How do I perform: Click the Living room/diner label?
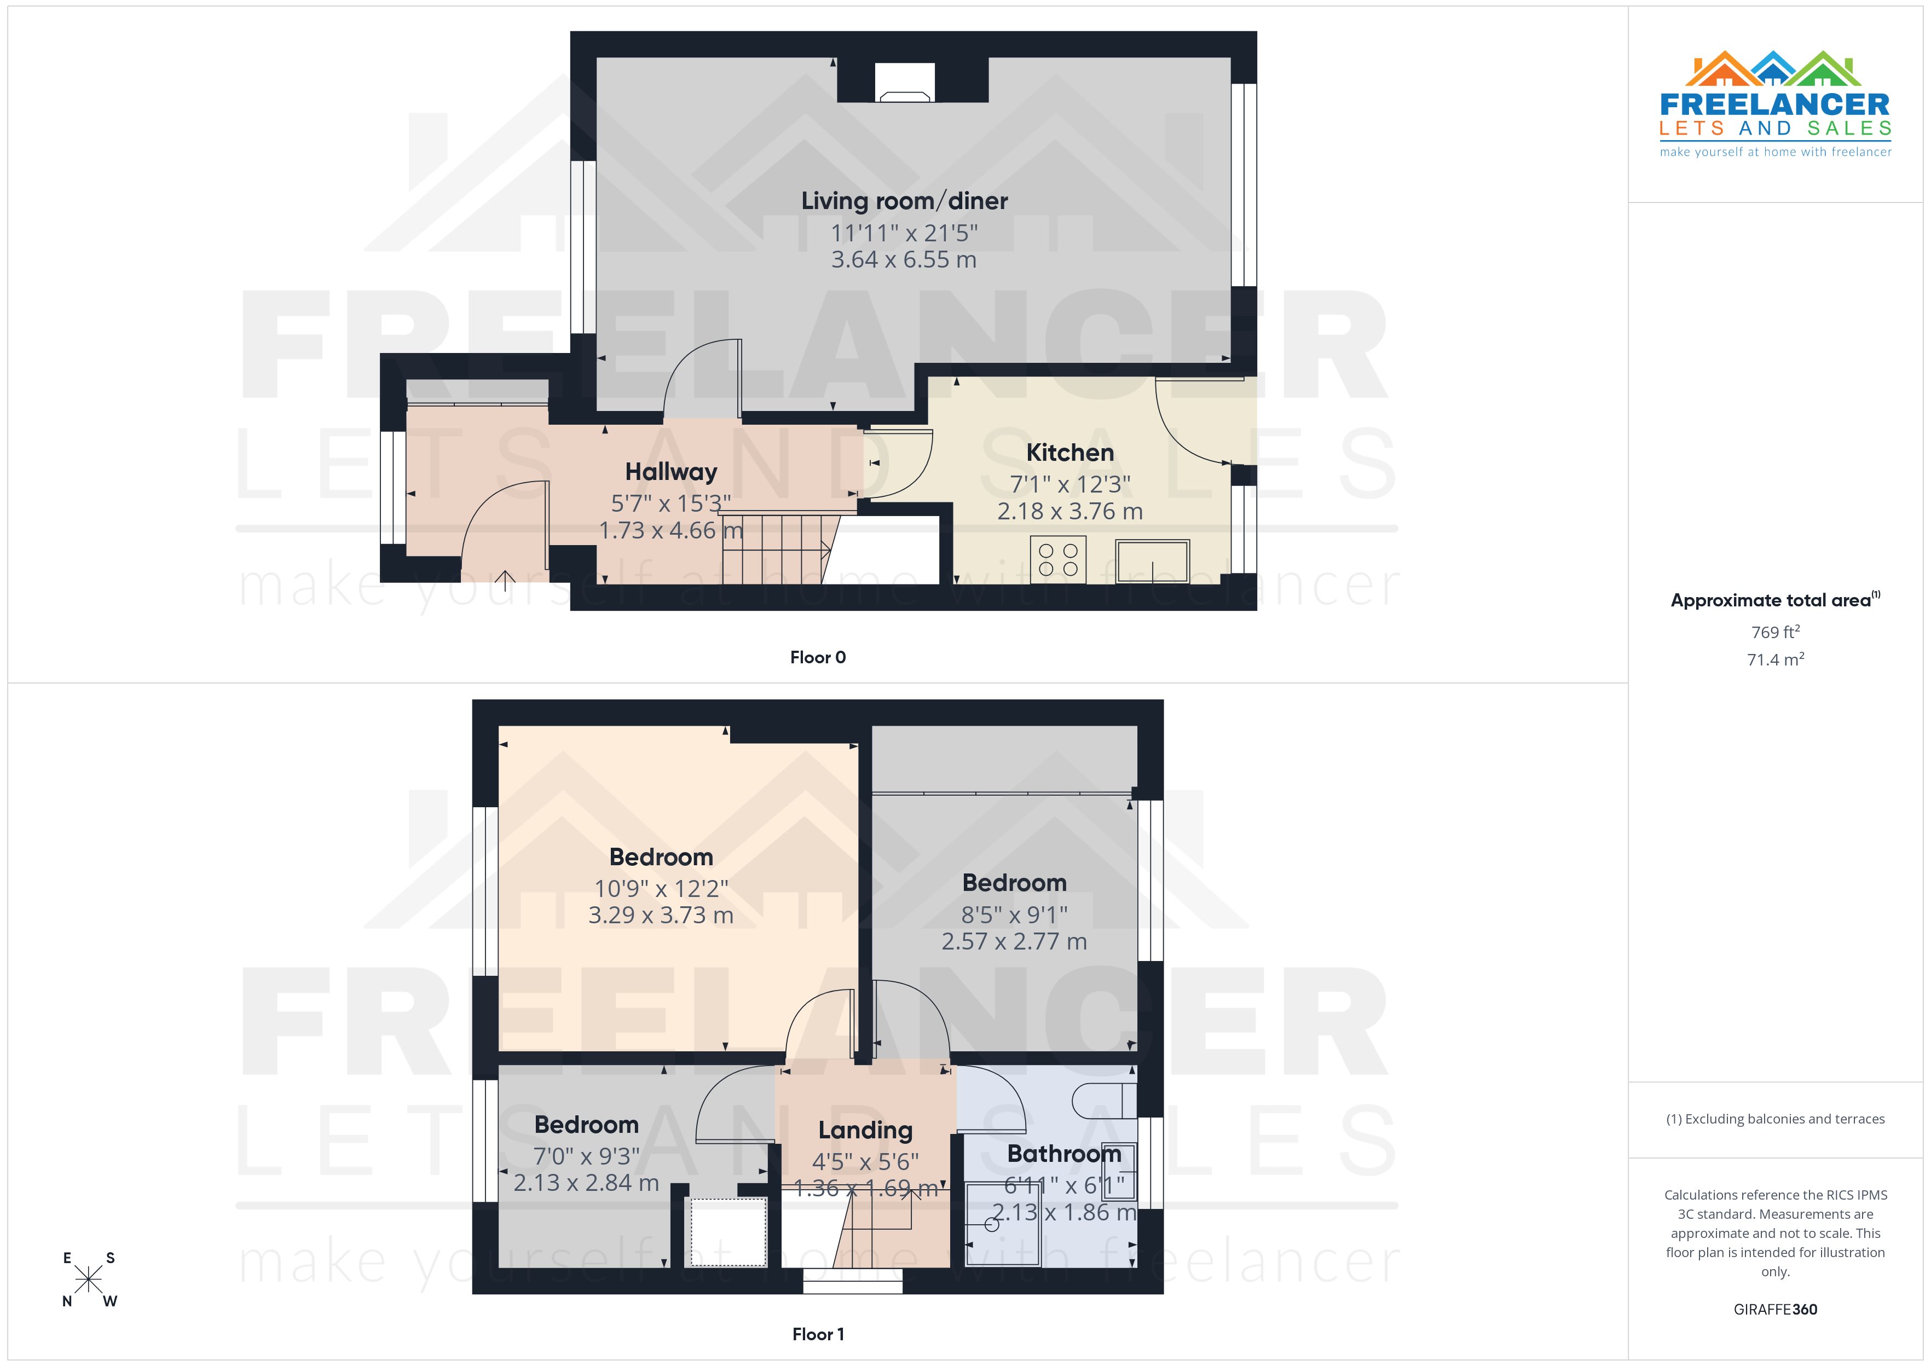pyautogui.click(x=904, y=201)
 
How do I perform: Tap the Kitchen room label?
pyautogui.click(x=1070, y=453)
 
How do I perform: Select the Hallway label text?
pyautogui.click(x=671, y=472)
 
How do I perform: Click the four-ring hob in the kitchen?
pyautogui.click(x=1058, y=559)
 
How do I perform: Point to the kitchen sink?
pyautogui.click(x=1152, y=561)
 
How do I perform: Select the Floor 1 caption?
pyautogui.click(x=818, y=1334)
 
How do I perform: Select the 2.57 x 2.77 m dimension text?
pyautogui.click(x=1014, y=941)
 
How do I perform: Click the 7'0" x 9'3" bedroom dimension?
pyautogui.click(x=586, y=1156)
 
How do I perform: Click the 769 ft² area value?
pyautogui.click(x=1776, y=632)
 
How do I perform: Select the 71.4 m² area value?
pyautogui.click(x=1776, y=659)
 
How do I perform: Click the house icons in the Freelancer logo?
pyautogui.click(x=1774, y=69)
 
